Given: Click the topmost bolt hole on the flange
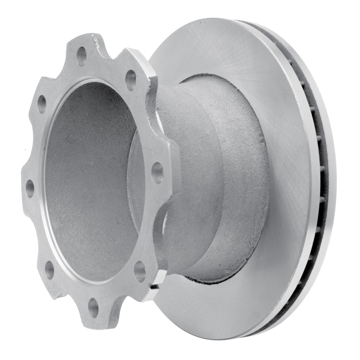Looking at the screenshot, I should [81, 56].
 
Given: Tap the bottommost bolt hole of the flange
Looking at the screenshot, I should [94, 307].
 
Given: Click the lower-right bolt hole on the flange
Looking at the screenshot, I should [140, 271].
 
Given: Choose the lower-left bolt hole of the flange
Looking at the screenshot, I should [49, 269].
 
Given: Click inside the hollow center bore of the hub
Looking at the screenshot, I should [90, 180].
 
